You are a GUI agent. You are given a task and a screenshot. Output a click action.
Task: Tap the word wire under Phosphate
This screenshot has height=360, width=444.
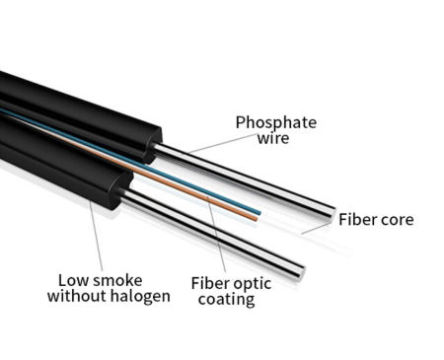click(x=274, y=140)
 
